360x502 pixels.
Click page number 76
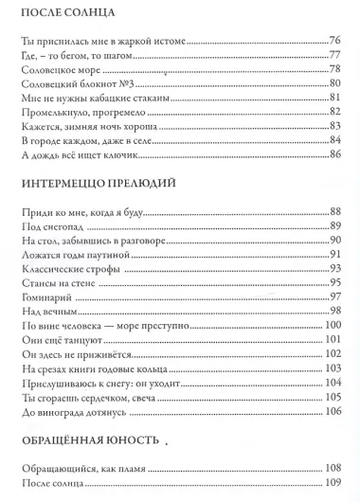(x=333, y=42)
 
